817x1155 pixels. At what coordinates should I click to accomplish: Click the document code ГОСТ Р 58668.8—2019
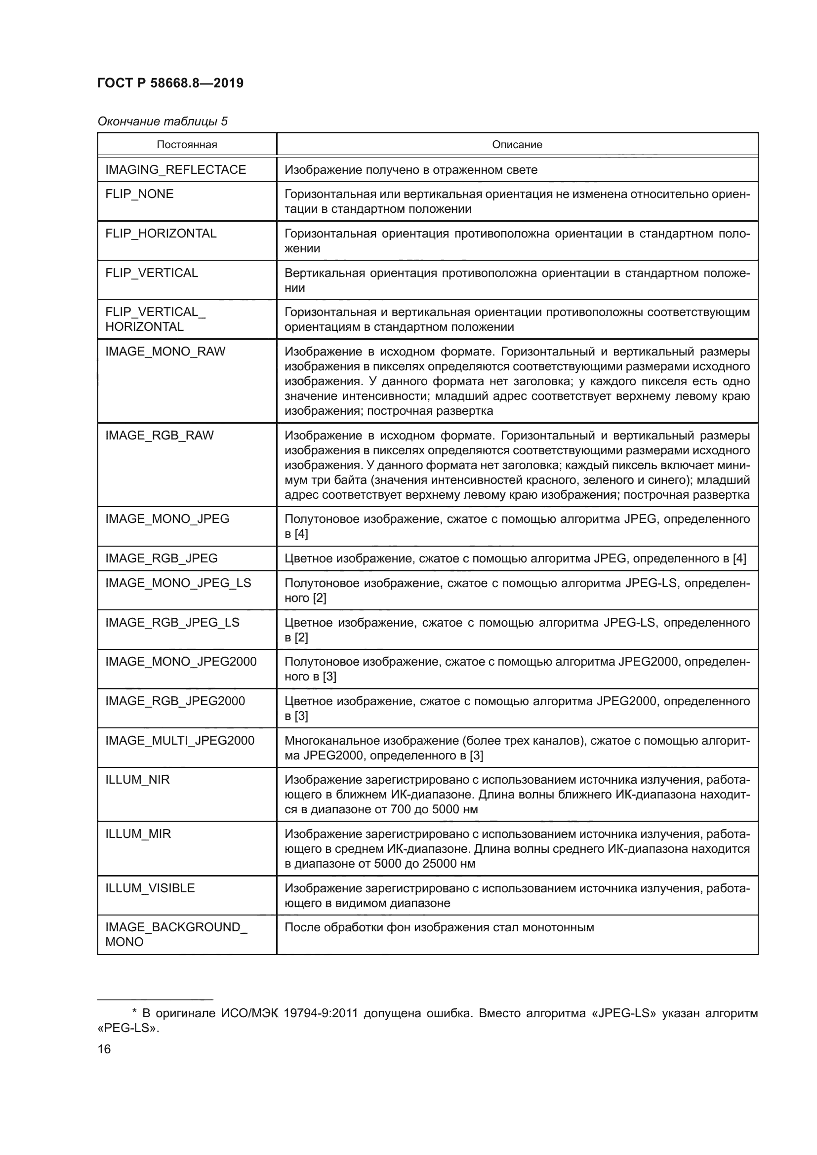pos(170,83)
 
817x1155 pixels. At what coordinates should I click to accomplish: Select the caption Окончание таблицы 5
pos(163,121)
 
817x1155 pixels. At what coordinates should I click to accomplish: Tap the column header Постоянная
pos(187,145)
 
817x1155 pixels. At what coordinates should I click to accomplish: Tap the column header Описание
pos(517,145)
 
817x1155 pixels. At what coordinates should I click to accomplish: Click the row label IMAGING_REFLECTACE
pos(175,169)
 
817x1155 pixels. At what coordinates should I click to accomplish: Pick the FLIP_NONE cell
pos(139,194)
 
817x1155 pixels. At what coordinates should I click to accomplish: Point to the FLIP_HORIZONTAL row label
pos(161,234)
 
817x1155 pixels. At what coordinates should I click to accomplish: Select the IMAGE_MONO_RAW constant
pos(165,351)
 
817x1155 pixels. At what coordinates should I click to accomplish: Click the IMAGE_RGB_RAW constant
pos(159,435)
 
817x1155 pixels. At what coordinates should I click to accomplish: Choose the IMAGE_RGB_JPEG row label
pos(161,558)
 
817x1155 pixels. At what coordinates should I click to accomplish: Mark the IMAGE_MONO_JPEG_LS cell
pos(178,583)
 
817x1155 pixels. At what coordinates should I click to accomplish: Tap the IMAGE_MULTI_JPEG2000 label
pos(180,741)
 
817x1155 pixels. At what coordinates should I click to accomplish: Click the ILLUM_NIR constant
pos(137,780)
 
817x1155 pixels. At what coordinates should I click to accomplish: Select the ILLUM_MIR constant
pos(138,834)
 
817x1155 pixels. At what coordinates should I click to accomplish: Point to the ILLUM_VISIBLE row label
pos(150,888)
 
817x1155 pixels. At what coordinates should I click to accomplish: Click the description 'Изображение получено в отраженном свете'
pos(410,170)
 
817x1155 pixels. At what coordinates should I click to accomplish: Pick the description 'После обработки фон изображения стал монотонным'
pos(439,928)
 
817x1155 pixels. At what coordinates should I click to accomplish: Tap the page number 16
pos(104,1049)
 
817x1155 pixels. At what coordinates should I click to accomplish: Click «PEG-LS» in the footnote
pos(128,1028)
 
